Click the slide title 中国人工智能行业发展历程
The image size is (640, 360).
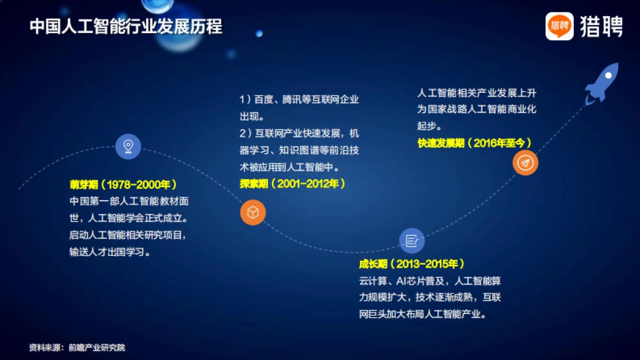tap(126, 27)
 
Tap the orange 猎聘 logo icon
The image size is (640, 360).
tap(559, 26)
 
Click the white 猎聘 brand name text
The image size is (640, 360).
tap(601, 26)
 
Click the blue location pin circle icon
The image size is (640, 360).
tap(128, 146)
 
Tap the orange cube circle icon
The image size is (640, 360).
tap(252, 213)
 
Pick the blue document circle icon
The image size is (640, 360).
tap(412, 241)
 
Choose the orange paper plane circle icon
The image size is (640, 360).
tap(525, 163)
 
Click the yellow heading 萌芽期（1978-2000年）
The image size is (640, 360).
tap(123, 185)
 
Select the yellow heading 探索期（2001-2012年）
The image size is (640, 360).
tap(292, 184)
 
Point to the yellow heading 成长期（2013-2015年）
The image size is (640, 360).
tap(412, 264)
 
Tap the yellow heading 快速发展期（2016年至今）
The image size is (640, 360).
tap(475, 143)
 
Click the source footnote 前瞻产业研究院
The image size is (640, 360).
tap(97, 348)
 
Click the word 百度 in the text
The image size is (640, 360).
tap(263, 100)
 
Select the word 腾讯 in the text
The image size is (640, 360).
tap(291, 100)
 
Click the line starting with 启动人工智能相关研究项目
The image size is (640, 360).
tap(128, 235)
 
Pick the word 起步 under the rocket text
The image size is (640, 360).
tap(427, 126)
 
